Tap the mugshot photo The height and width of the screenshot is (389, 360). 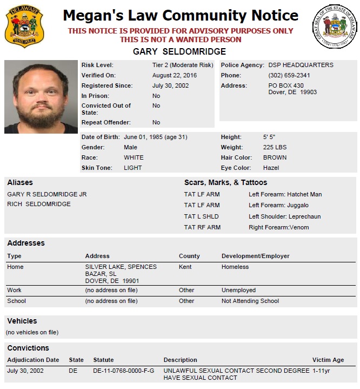point(41,96)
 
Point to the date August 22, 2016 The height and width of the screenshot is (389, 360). point(175,75)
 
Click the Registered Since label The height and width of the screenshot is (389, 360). point(106,85)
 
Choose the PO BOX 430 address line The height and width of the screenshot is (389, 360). point(286,85)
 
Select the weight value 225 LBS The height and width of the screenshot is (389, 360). point(275,147)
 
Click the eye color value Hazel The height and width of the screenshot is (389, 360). point(271,168)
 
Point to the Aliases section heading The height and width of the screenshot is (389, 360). point(20,182)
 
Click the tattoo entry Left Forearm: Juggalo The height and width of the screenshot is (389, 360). point(278,205)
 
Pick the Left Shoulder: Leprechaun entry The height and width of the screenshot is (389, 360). point(284,216)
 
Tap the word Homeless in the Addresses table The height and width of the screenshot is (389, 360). point(235,267)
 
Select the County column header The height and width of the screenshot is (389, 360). point(189,256)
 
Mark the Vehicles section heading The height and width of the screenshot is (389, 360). point(22,321)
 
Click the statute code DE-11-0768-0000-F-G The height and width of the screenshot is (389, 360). point(124,371)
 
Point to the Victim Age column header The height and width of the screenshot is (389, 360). point(328,360)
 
